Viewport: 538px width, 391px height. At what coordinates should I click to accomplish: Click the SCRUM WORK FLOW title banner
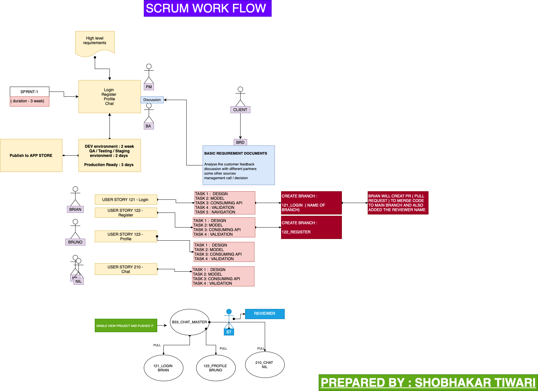[x=208, y=8]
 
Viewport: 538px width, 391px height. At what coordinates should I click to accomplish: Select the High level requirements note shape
[x=95, y=42]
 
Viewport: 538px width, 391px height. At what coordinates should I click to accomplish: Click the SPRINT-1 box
[x=29, y=92]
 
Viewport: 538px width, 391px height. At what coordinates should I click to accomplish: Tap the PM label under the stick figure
[x=149, y=87]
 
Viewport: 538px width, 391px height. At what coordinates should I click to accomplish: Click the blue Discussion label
[x=152, y=100]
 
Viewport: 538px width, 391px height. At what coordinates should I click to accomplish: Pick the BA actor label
[x=148, y=126]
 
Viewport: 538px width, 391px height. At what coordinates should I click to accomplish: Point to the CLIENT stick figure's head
[x=240, y=89]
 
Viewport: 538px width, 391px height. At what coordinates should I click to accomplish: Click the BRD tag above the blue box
[x=240, y=143]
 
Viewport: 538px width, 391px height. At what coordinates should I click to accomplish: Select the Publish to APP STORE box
[x=31, y=156]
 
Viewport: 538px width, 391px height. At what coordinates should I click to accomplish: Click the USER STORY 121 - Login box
[x=126, y=199]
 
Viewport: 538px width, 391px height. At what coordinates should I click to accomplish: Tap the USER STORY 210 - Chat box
[x=126, y=269]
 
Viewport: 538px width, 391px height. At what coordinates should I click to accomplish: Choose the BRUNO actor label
[x=75, y=242]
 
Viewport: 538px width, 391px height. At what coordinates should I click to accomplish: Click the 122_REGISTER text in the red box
[x=296, y=232]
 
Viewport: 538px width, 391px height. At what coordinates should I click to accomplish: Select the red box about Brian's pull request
[x=398, y=203]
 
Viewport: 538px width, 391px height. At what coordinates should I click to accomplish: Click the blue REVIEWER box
[x=265, y=314]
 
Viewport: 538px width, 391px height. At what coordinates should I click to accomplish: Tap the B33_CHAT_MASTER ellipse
[x=190, y=322]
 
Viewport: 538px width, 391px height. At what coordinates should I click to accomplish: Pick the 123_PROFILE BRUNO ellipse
[x=216, y=368]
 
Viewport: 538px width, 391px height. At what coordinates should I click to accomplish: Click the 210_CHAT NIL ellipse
[x=265, y=365]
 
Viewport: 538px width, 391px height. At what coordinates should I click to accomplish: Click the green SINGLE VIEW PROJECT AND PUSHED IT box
[x=126, y=326]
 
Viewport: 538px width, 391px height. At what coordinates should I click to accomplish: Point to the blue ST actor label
[x=229, y=332]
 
